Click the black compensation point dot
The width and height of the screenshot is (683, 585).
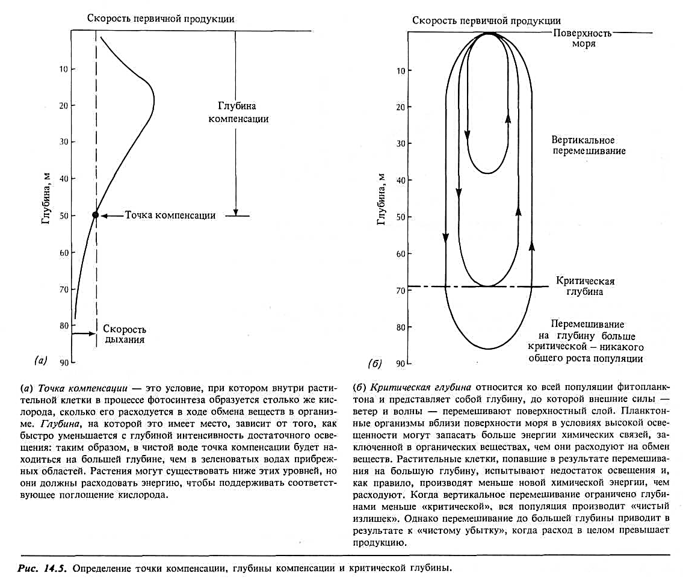tap(96, 215)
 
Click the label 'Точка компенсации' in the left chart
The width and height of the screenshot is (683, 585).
tap(170, 215)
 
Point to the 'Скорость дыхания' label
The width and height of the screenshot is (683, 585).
tap(124, 334)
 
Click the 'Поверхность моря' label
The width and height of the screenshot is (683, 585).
tap(582, 39)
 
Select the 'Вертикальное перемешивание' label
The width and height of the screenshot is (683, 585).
tap(588, 145)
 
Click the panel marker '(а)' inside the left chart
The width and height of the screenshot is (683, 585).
tap(42, 361)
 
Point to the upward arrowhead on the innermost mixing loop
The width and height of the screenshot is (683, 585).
tap(508, 117)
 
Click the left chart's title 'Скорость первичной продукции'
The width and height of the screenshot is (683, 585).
tap(161, 19)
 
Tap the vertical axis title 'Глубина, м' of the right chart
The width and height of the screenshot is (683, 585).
tap(380, 198)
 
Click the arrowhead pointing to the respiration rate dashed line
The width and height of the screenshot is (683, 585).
tap(93, 334)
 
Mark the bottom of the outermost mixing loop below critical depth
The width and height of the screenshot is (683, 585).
tap(488, 348)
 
